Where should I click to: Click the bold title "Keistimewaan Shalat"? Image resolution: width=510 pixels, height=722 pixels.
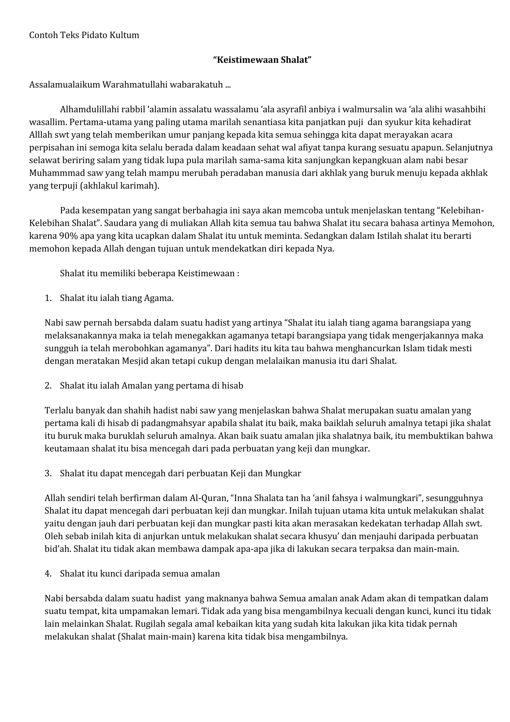tap(262, 60)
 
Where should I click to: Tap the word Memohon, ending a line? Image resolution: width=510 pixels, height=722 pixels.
tap(473, 223)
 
